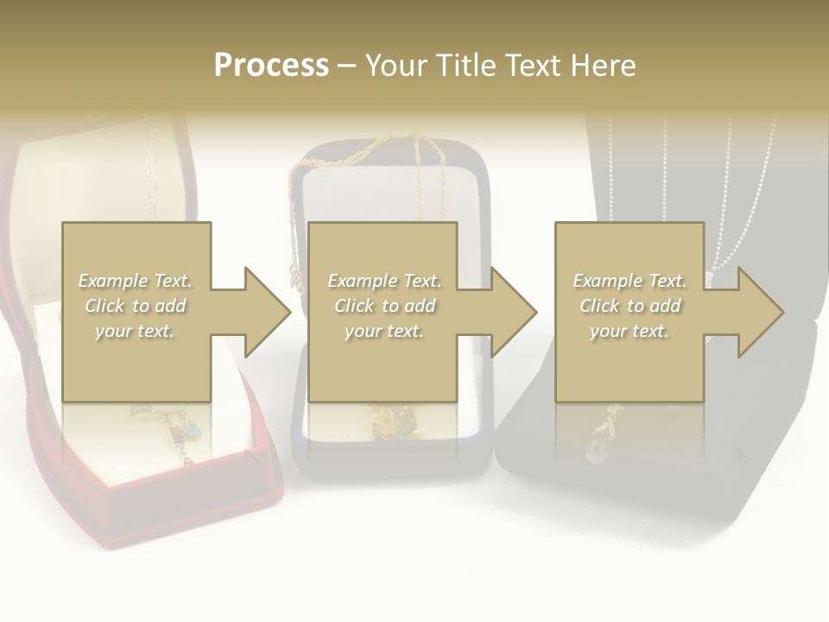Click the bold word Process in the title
click(271, 66)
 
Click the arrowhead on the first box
click(267, 312)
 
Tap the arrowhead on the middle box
click(513, 312)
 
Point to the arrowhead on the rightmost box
click(760, 312)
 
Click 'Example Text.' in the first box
click(136, 281)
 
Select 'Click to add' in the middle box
click(384, 306)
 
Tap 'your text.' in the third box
click(630, 331)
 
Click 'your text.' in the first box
click(135, 331)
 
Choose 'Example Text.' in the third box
click(630, 281)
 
